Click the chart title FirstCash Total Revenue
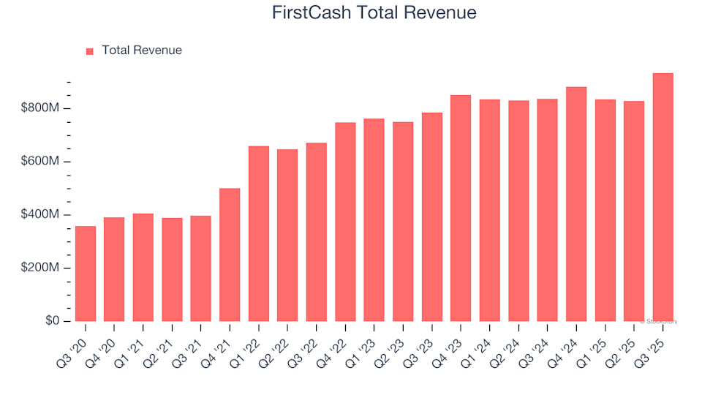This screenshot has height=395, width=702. point(374,13)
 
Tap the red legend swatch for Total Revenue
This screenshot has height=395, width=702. point(90,51)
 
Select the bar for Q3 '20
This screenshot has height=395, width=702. point(86,274)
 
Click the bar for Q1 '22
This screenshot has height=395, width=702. point(259,233)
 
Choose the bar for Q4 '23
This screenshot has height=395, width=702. point(461,208)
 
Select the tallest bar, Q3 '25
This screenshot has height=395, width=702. point(663,197)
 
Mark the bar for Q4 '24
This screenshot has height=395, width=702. point(576,204)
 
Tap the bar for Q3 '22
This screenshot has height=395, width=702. point(317,232)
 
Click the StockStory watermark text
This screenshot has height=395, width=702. point(659,321)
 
